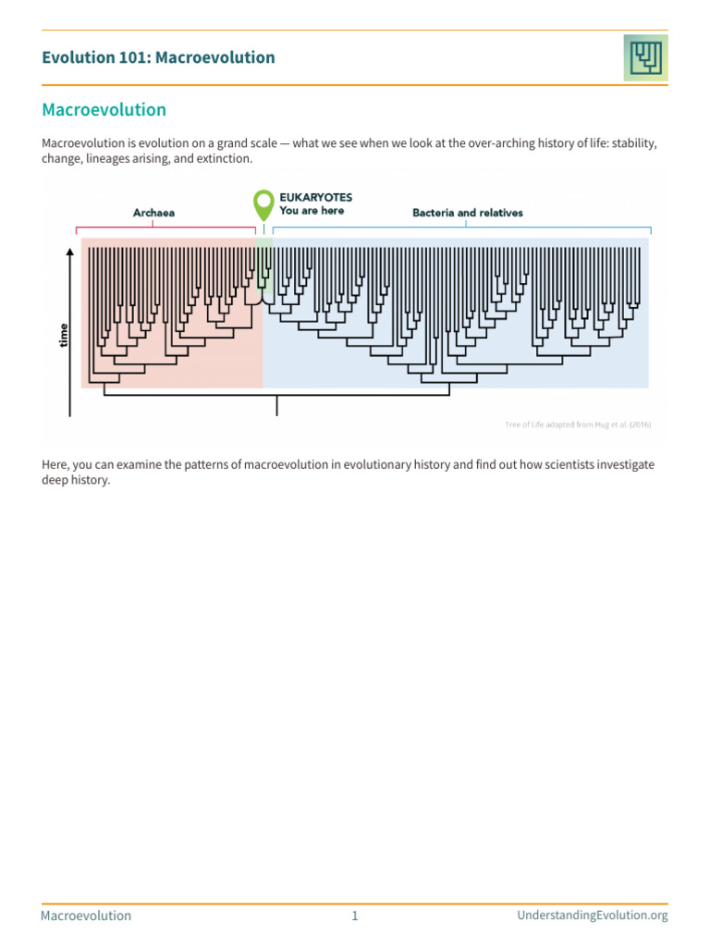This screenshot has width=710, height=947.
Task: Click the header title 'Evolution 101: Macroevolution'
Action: point(158,57)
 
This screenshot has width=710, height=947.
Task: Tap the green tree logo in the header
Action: point(644,57)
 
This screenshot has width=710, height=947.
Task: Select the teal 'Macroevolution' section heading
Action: point(104,110)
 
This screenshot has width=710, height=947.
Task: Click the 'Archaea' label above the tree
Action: point(153,213)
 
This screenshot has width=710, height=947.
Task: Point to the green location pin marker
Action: point(263,203)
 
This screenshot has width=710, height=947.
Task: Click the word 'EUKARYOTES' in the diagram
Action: point(315,197)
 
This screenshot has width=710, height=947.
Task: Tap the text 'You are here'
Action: point(312,211)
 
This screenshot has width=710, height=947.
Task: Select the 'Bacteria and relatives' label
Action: point(467,213)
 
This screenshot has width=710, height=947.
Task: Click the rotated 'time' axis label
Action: point(64,334)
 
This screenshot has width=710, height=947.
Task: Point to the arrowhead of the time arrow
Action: point(71,252)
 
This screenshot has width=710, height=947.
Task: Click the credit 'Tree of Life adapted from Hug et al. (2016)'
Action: point(578,424)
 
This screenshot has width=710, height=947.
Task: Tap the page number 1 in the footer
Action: point(354,916)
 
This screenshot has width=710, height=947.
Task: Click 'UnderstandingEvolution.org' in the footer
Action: point(592,916)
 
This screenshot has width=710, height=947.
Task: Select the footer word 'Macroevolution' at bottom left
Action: point(86,916)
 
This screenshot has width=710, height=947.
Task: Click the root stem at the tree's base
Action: point(277,406)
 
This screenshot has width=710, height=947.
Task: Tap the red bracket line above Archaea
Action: point(166,227)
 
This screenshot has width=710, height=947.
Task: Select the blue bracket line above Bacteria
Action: point(462,227)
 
